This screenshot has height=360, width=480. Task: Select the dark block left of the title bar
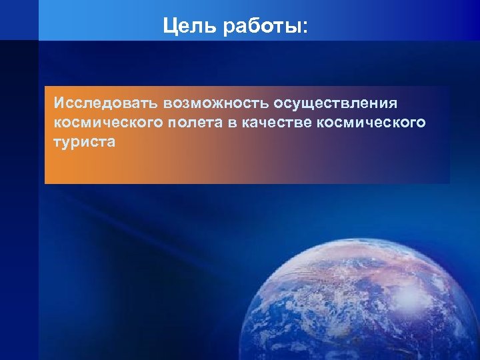(19, 20)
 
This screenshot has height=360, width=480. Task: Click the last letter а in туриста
(111, 142)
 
